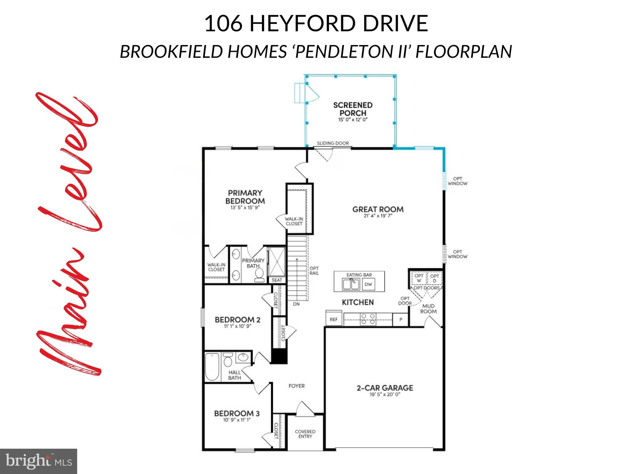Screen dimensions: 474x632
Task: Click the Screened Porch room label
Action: coord(353,109)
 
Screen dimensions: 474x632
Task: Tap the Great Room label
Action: coord(378,210)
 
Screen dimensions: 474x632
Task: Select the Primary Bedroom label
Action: coord(245,197)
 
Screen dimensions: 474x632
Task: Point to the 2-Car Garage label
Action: coord(385,388)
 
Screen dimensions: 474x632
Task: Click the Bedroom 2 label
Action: coord(238,320)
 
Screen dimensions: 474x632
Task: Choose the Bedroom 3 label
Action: coord(237,414)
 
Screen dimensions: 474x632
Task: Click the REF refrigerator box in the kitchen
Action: coord(334,320)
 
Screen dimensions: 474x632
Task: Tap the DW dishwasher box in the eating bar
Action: coord(368,285)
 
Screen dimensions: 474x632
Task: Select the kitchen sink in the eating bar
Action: coord(351,284)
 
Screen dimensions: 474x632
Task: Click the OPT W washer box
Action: coord(419,278)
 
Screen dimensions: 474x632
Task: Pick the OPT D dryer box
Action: coord(434,278)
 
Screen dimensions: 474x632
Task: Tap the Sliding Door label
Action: coord(333,143)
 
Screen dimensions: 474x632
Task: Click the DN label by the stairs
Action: coord(296,304)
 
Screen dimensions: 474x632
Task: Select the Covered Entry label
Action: coord(305,434)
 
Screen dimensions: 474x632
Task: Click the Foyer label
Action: coord(297,386)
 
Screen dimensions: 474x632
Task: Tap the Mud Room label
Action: coord(428,309)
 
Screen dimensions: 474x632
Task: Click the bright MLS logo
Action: coord(39,461)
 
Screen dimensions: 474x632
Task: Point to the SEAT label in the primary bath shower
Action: coord(277,280)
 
